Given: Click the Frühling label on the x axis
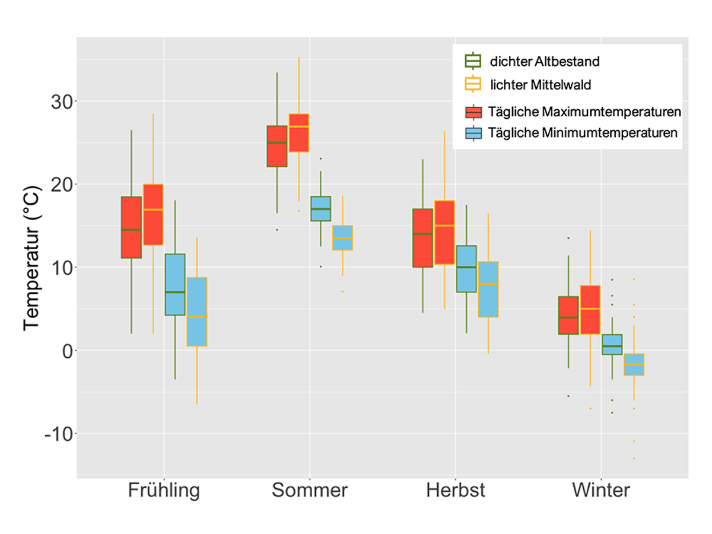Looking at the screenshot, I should (x=164, y=491).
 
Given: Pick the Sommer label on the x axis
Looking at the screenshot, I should (x=309, y=491).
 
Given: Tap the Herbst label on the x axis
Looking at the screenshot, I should (x=455, y=491).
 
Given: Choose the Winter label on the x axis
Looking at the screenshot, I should (x=600, y=491).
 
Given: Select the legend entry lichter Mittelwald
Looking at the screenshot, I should (x=541, y=85).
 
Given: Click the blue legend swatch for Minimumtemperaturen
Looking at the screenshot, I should (x=473, y=133).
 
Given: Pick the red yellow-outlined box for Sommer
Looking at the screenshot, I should (x=298, y=132).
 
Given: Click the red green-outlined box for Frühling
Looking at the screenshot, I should (x=131, y=227).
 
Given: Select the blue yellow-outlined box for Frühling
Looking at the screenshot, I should (x=196, y=311).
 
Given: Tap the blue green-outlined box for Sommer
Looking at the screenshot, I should (x=320, y=208).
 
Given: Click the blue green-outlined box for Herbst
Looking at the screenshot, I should (x=466, y=269).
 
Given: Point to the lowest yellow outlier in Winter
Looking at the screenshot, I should (x=634, y=458).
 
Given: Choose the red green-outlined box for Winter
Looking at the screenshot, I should (x=568, y=315).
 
